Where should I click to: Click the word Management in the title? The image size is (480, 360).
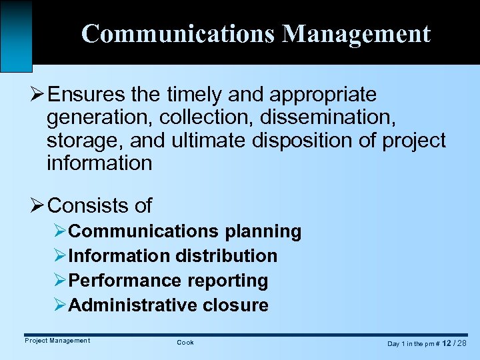(x=356, y=33)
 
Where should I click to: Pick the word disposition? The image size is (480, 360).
(x=303, y=140)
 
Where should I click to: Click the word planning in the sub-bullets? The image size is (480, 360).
(x=263, y=231)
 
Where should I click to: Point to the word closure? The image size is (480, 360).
(x=237, y=305)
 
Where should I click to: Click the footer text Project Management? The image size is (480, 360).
(x=57, y=341)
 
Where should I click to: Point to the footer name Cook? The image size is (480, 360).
(x=185, y=342)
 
